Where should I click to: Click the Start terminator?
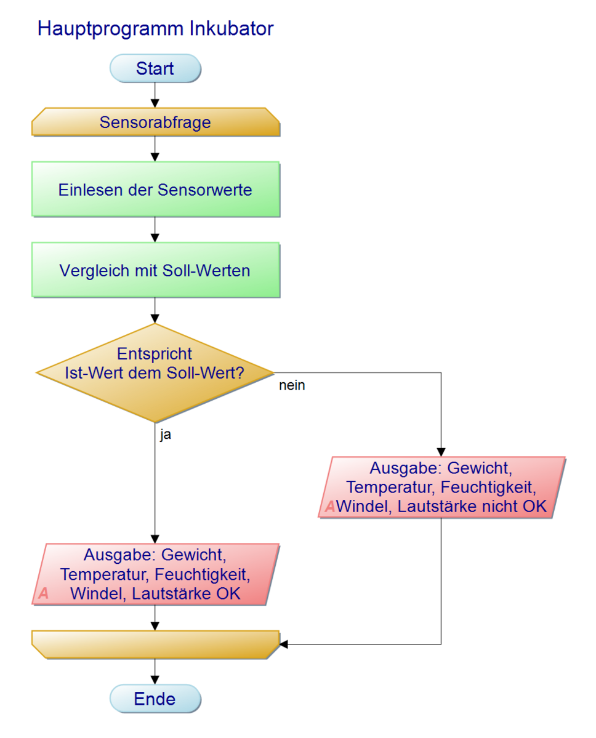tap(155, 68)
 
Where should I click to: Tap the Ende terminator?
tap(155, 699)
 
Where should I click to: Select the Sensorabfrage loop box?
tap(155, 122)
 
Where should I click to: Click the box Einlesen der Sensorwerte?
tap(155, 189)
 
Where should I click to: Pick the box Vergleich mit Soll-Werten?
tap(155, 270)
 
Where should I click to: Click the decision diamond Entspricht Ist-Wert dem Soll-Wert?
tap(155, 372)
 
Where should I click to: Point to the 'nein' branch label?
tap(292, 387)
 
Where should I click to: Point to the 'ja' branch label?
tap(166, 435)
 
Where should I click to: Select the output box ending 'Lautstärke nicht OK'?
tap(441, 487)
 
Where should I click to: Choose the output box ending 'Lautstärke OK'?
tap(155, 574)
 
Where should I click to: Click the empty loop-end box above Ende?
tap(155, 644)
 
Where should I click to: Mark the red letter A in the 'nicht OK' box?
tap(330, 507)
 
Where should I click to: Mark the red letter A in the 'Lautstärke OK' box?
tap(43, 594)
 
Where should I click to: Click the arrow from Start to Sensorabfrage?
tap(155, 95)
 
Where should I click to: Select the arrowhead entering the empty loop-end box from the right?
tap(284, 644)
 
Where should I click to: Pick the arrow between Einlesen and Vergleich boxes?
tap(155, 230)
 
